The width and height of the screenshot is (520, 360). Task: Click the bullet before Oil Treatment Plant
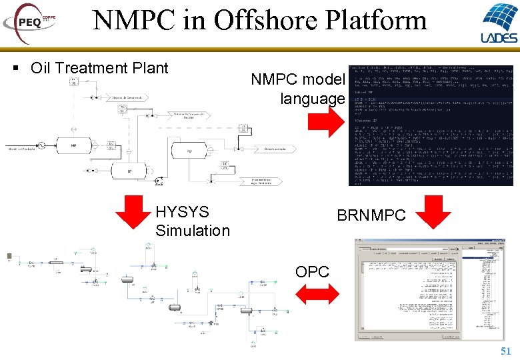(x=15, y=69)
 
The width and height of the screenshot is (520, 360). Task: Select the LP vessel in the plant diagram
(x=131, y=171)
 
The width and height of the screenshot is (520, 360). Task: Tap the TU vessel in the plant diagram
(x=189, y=151)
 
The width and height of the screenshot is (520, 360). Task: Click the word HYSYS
(x=182, y=212)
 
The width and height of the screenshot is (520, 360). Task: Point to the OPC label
(x=312, y=272)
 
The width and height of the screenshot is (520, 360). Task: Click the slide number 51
(x=505, y=351)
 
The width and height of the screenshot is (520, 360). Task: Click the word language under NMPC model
(x=313, y=99)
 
